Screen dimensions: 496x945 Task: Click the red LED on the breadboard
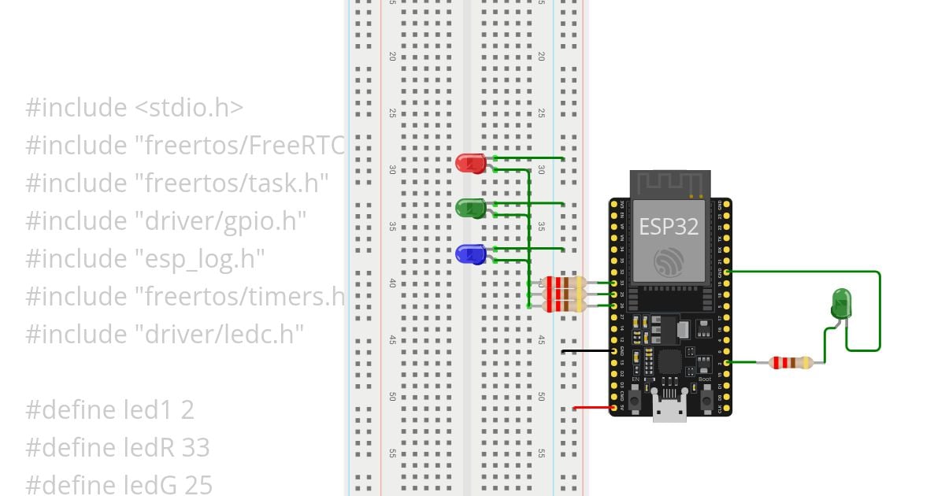pyautogui.click(x=470, y=163)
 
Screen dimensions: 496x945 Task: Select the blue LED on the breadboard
pyautogui.click(x=470, y=254)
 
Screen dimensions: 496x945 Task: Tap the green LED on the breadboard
pyautogui.click(x=470, y=208)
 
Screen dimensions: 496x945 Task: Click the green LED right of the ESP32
pyautogui.click(x=841, y=303)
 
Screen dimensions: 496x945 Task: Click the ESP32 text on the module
pyautogui.click(x=669, y=227)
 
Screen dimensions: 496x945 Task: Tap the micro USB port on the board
pyautogui.click(x=669, y=409)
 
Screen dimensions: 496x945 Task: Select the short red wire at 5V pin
pyautogui.click(x=592, y=408)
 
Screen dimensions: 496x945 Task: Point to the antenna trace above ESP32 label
pyautogui.click(x=669, y=186)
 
